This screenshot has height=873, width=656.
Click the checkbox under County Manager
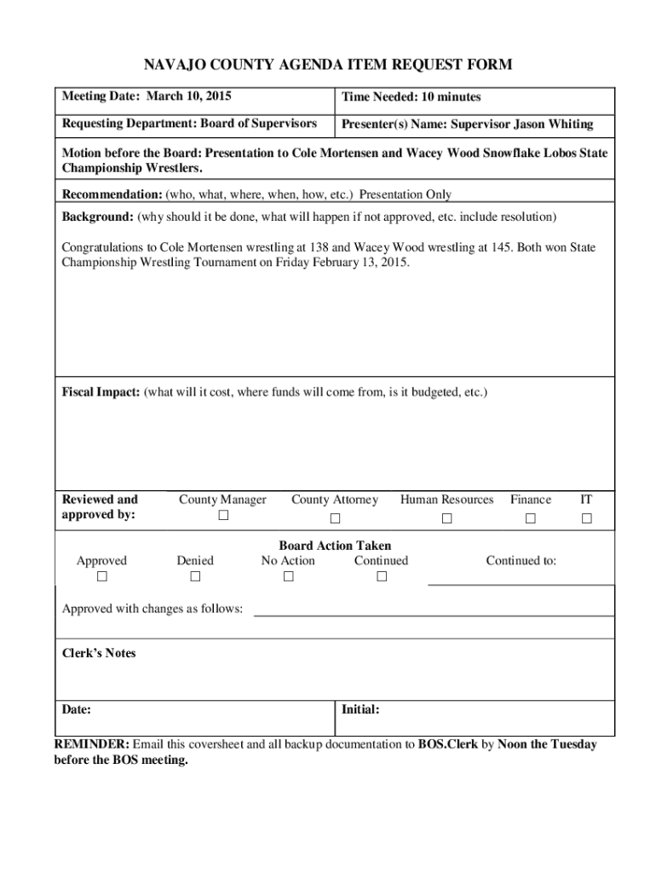click(223, 517)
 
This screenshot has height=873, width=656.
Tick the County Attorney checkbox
click(335, 519)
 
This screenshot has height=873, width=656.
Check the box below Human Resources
click(446, 519)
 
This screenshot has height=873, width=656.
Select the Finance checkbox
click(531, 519)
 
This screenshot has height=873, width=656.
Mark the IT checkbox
click(585, 519)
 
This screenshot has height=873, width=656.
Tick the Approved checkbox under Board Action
click(101, 577)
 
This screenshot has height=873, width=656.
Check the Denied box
click(195, 577)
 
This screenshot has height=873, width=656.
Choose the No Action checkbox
click(288, 577)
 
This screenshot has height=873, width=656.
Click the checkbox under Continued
click(382, 577)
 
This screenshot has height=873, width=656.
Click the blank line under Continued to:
click(521, 583)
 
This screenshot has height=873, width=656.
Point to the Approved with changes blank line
click(434, 613)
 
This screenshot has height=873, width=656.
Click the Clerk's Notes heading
click(99, 653)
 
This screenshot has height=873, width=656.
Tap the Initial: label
click(360, 710)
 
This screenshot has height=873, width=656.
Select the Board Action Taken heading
click(335, 546)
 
